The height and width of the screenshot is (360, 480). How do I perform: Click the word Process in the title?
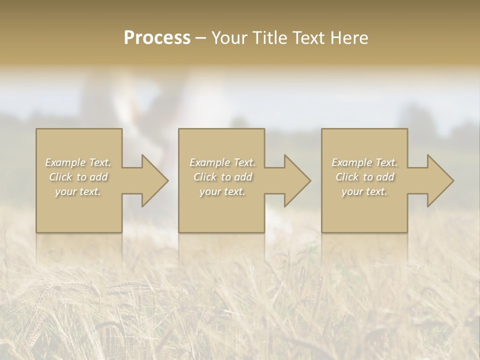pyautogui.click(x=157, y=38)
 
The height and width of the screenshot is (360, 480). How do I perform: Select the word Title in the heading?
pyautogui.click(x=270, y=38)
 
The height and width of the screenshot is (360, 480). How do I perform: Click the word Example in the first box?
pyautogui.click(x=65, y=162)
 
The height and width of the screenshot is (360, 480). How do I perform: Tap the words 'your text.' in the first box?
pyautogui.click(x=78, y=191)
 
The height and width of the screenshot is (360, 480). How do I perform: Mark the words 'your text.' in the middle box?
pyautogui.click(x=222, y=191)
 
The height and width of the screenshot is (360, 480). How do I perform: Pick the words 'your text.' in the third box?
pyautogui.click(x=364, y=191)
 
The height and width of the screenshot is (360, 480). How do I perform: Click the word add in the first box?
pyautogui.click(x=99, y=177)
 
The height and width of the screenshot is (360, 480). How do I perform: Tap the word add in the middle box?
pyautogui.click(x=244, y=177)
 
